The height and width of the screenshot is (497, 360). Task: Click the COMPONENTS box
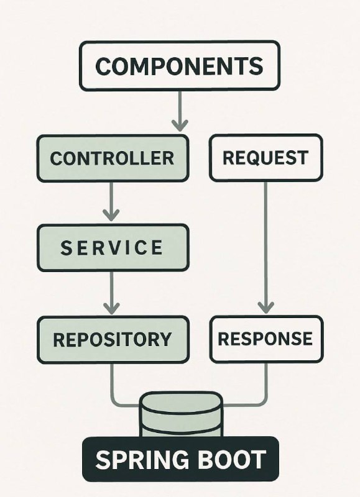point(180,66)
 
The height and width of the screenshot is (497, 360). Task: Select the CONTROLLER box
point(113,158)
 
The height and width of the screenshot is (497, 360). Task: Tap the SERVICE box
point(113,248)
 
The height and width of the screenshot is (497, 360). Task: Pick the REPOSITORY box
point(113,339)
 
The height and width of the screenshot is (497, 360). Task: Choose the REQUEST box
point(265,158)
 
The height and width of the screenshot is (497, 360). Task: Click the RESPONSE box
point(267,339)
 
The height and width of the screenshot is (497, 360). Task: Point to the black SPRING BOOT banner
point(180,459)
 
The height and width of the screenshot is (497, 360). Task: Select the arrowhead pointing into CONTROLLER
point(180,125)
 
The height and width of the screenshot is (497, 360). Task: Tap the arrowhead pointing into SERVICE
point(111,215)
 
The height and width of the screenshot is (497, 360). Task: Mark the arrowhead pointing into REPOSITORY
point(111,308)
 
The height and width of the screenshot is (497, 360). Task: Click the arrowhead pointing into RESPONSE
point(265,308)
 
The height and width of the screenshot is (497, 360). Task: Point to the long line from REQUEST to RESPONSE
point(265,247)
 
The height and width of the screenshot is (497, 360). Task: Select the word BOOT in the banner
point(224,460)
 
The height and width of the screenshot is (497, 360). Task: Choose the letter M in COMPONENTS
point(149,66)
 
